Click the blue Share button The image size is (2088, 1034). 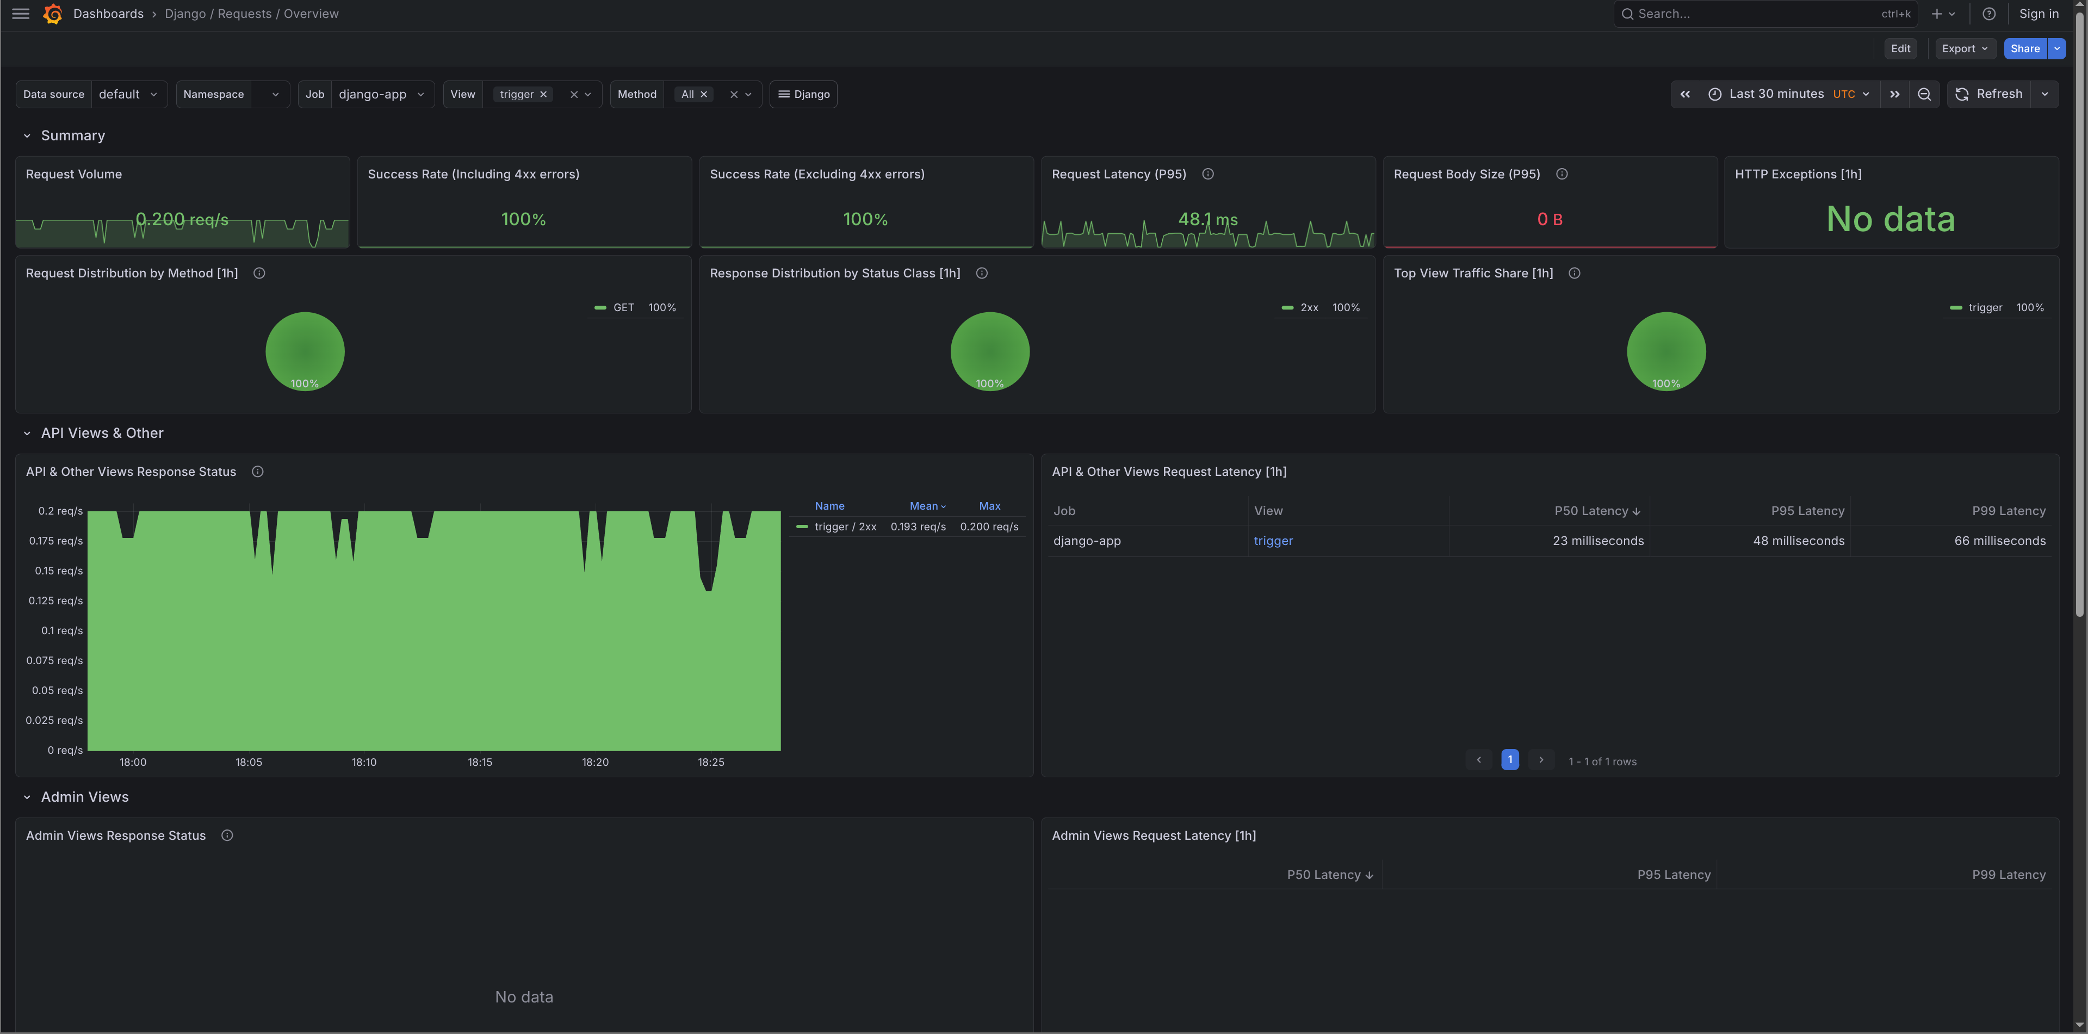[x=2024, y=48]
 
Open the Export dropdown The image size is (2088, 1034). [x=1964, y=48]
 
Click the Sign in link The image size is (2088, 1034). [x=2038, y=14]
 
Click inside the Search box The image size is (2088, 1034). [x=1751, y=14]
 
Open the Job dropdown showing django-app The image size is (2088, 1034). [x=381, y=95]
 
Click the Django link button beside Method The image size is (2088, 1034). [x=803, y=95]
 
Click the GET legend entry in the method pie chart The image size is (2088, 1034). [x=623, y=308]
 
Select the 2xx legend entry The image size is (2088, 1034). [x=1308, y=308]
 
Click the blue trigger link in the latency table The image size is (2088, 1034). [x=1273, y=541]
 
